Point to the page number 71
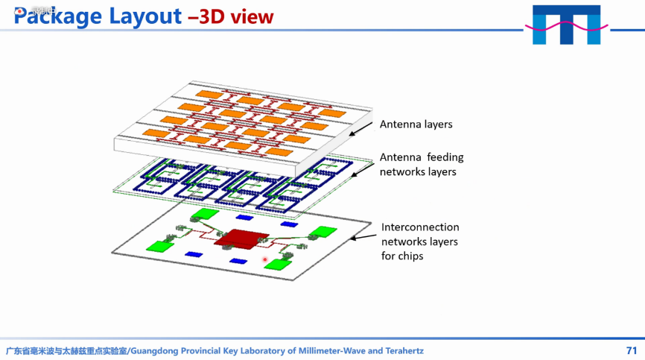632,350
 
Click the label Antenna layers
416,124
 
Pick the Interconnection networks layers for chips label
419,241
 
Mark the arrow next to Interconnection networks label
363,237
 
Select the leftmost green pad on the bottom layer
159,245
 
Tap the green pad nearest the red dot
278,263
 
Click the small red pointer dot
264,259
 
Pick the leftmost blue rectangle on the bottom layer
193,254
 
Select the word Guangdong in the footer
157,350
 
